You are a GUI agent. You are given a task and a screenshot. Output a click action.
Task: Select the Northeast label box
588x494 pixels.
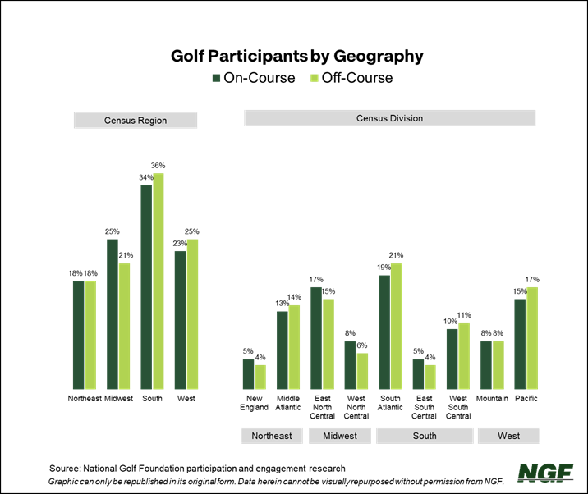pos(272,436)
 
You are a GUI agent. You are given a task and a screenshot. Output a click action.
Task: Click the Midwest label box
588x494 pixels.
pos(340,436)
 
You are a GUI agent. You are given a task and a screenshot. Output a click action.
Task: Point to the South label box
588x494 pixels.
pos(425,436)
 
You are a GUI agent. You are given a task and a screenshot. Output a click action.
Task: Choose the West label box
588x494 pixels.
pos(508,436)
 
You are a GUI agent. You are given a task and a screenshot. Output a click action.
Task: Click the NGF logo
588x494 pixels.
pos(545,473)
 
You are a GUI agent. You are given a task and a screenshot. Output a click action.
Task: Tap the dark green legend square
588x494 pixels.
pos(216,78)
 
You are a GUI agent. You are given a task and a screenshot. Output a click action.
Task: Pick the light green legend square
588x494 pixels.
pos(315,78)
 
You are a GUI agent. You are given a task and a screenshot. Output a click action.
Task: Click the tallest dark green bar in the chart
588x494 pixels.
pos(146,287)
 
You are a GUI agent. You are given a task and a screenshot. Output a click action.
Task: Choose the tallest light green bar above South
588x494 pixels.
pos(397,326)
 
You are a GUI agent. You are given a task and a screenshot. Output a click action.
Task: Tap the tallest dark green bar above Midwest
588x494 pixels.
pos(316,338)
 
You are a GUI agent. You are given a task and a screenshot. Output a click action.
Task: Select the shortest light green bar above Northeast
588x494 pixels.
pos(260,377)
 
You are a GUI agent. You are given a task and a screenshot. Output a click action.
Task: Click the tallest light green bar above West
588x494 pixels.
pos(532,338)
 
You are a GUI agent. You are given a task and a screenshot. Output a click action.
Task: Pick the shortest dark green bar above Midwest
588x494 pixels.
pos(350,365)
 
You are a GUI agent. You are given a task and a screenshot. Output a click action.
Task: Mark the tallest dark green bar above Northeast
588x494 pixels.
pos(282,350)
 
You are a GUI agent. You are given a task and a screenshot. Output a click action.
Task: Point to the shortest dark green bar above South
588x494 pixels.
pos(418,374)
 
